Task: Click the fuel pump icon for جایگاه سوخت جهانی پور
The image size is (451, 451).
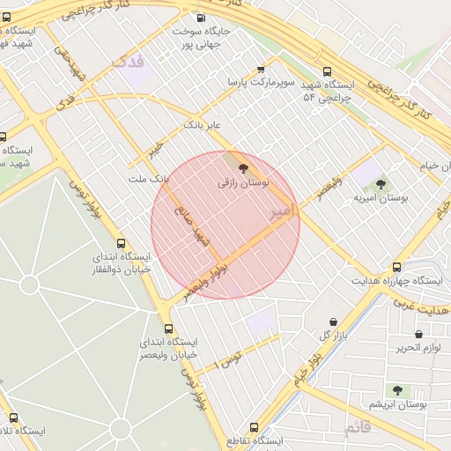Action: pyautogui.click(x=202, y=18)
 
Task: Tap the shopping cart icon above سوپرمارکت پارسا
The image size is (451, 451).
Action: pyautogui.click(x=260, y=69)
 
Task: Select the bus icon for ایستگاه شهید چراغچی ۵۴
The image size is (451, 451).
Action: pyautogui.click(x=328, y=71)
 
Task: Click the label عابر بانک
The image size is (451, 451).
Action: pyautogui.click(x=200, y=126)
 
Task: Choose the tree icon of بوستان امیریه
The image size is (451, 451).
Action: pyautogui.click(x=381, y=184)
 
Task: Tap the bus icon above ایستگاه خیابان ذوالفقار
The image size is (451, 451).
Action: pyautogui.click(x=122, y=243)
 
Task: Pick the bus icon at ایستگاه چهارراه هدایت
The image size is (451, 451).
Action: pyautogui.click(x=396, y=266)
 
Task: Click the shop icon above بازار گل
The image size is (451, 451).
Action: pyautogui.click(x=334, y=322)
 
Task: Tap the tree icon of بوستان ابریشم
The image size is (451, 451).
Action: pyautogui.click(x=397, y=389)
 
